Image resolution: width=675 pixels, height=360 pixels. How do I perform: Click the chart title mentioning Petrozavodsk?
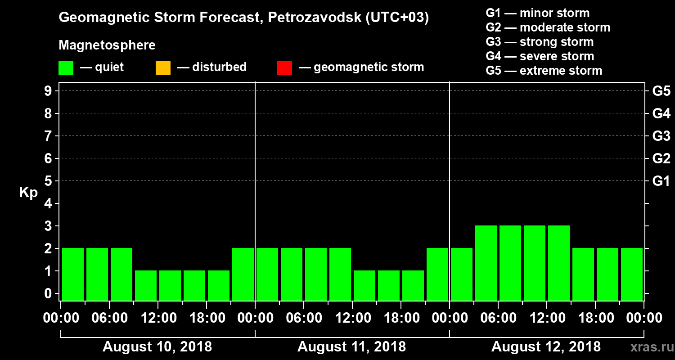(x=243, y=18)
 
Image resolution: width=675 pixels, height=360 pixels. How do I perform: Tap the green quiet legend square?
(x=66, y=68)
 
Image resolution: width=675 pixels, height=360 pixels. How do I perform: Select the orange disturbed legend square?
(x=163, y=68)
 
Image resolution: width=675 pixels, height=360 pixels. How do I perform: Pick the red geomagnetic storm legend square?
(x=284, y=68)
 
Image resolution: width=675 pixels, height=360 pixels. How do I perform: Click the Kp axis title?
(x=28, y=193)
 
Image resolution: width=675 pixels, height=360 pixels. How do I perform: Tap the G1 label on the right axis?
(x=661, y=181)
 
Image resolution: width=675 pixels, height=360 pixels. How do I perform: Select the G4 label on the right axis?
(x=661, y=113)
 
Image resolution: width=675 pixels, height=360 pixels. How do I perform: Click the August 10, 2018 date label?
(x=157, y=347)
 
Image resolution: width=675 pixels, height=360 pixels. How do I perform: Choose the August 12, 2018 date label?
(x=546, y=347)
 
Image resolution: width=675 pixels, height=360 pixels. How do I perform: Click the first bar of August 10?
(x=73, y=274)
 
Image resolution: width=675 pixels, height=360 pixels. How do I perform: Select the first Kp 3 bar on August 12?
(x=486, y=263)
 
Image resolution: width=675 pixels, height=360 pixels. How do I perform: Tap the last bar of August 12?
(x=632, y=274)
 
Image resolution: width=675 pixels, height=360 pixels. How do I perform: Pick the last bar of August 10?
(x=243, y=274)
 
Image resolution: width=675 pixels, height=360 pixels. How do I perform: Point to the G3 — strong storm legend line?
(x=540, y=42)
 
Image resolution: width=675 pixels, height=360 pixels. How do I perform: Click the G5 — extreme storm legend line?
(x=544, y=71)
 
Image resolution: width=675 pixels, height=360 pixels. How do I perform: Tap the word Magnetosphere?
(x=107, y=45)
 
